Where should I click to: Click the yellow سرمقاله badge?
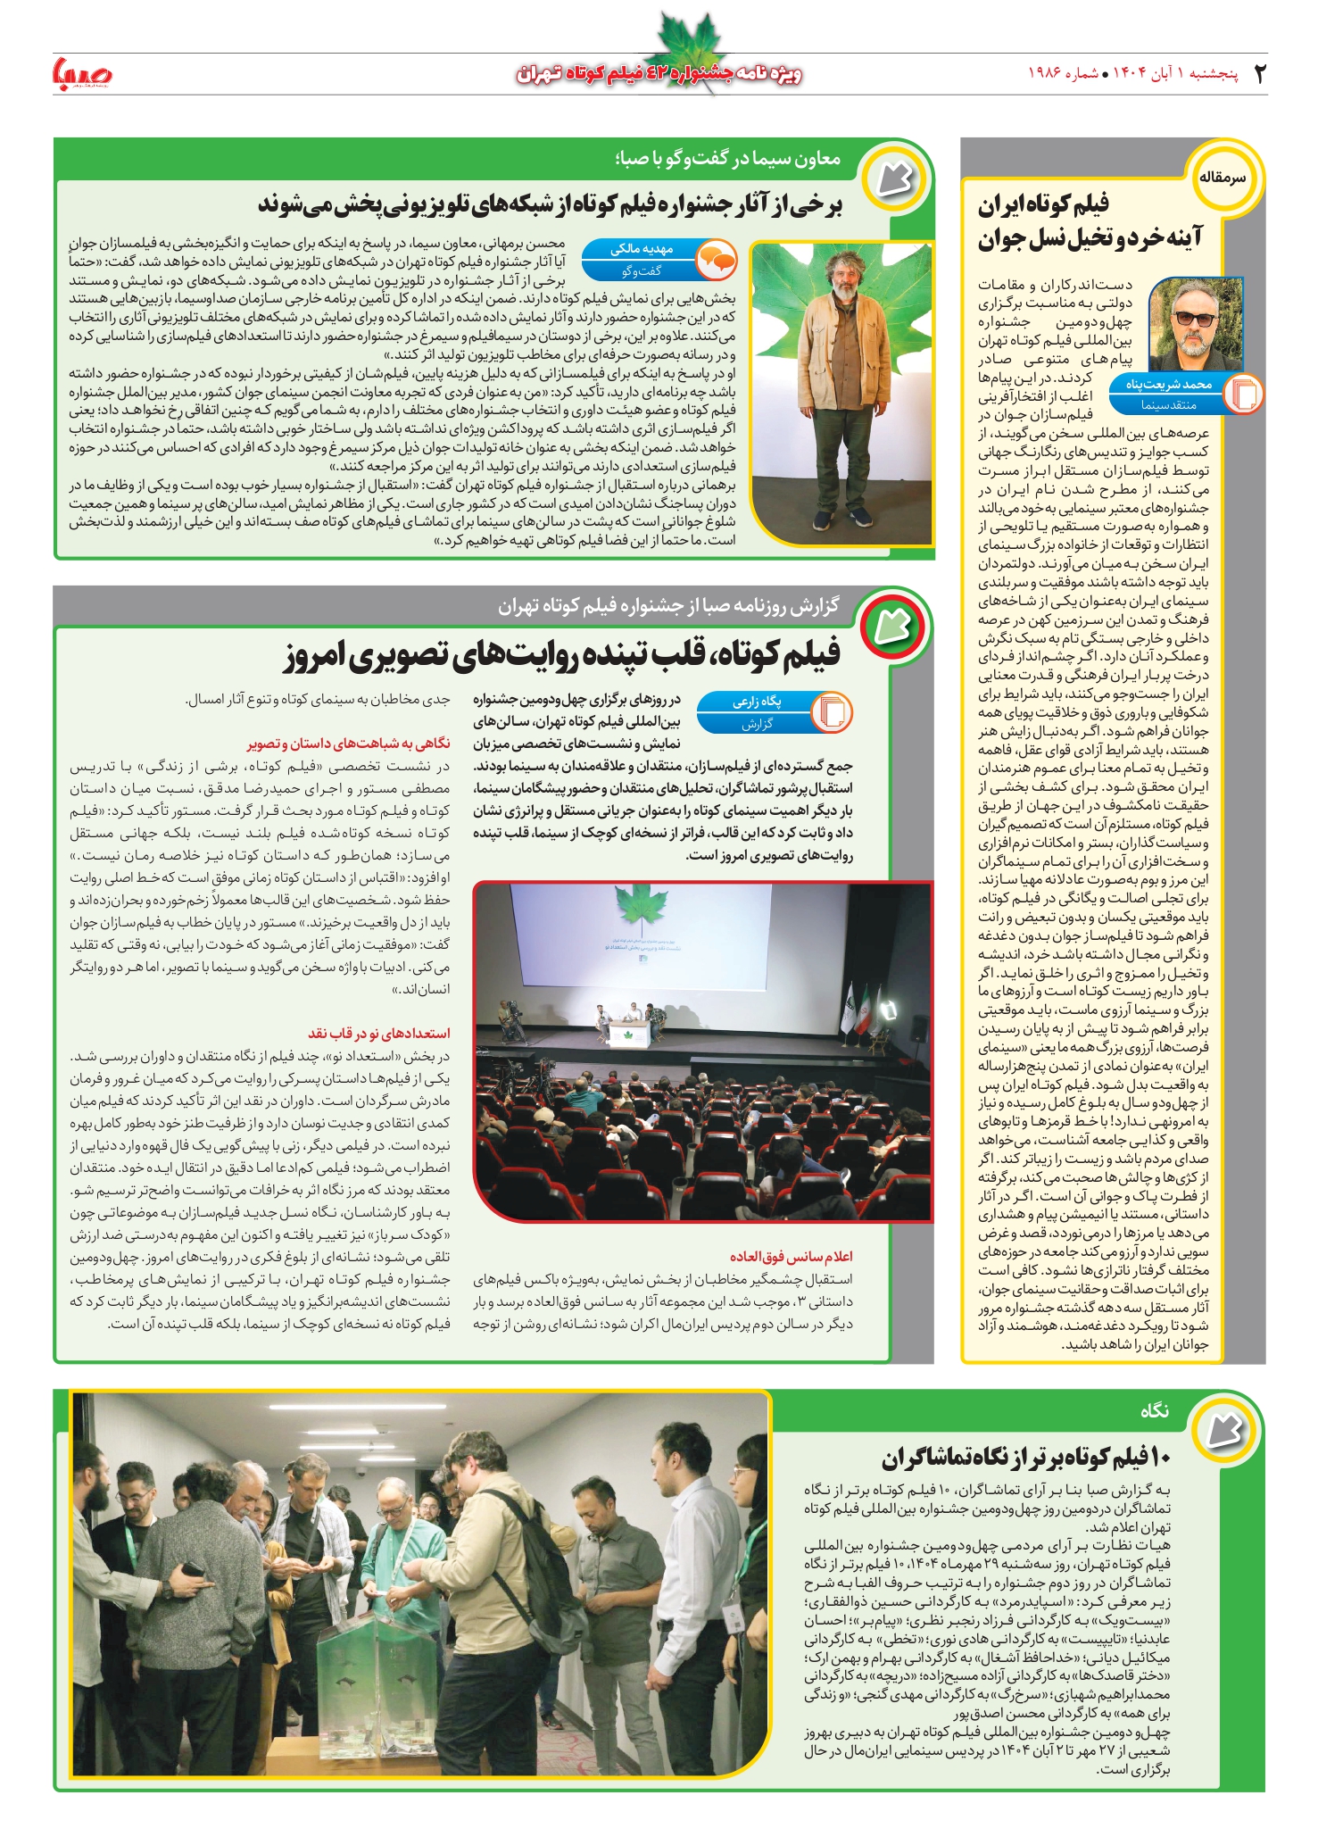pos(1222,178)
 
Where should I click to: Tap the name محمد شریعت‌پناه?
pos(1168,385)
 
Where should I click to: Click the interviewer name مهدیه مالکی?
pos(642,249)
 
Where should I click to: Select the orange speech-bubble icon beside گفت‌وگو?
pos(716,261)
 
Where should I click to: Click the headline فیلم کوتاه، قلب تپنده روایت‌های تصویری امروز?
pos(562,654)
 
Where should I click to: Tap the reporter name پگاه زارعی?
pos(757,702)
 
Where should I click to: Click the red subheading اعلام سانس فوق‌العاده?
pos(791,1256)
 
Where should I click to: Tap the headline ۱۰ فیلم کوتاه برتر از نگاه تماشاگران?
pos(1025,1458)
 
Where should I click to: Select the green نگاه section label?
pos(1154,1410)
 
